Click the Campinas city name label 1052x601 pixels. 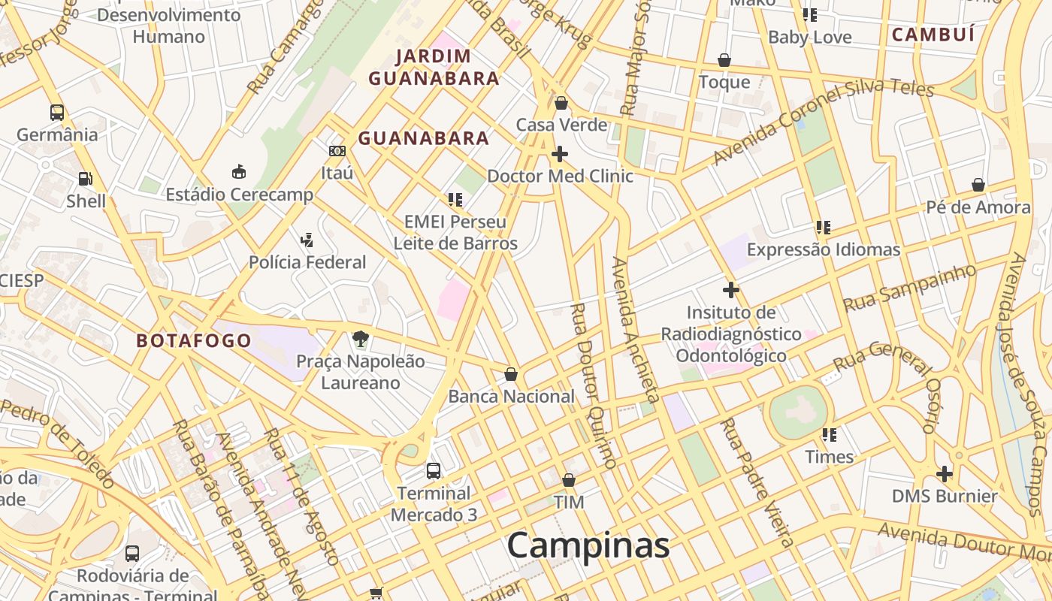click(x=588, y=545)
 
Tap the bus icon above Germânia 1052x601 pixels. click(x=57, y=113)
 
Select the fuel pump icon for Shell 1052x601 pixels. click(x=86, y=179)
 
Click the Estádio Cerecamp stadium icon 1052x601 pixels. click(x=239, y=172)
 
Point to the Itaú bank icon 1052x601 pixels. click(x=337, y=151)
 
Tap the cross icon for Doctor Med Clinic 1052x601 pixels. click(x=560, y=154)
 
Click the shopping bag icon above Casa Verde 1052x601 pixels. click(x=561, y=103)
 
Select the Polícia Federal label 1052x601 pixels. click(x=307, y=262)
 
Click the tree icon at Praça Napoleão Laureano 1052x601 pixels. click(x=361, y=339)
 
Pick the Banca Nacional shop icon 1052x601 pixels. click(x=511, y=374)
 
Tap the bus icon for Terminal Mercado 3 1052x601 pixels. click(x=434, y=471)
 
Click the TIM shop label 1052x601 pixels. click(x=569, y=502)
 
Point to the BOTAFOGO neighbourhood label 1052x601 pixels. click(x=194, y=340)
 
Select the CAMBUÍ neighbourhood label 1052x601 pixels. click(x=933, y=35)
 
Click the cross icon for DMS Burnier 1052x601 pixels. click(x=945, y=474)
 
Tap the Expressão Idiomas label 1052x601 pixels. click(x=823, y=249)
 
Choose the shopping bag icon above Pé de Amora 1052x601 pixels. click(x=978, y=185)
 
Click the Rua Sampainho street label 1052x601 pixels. click(x=909, y=288)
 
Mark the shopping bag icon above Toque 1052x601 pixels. click(x=724, y=60)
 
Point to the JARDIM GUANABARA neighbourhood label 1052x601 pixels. click(x=434, y=67)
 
